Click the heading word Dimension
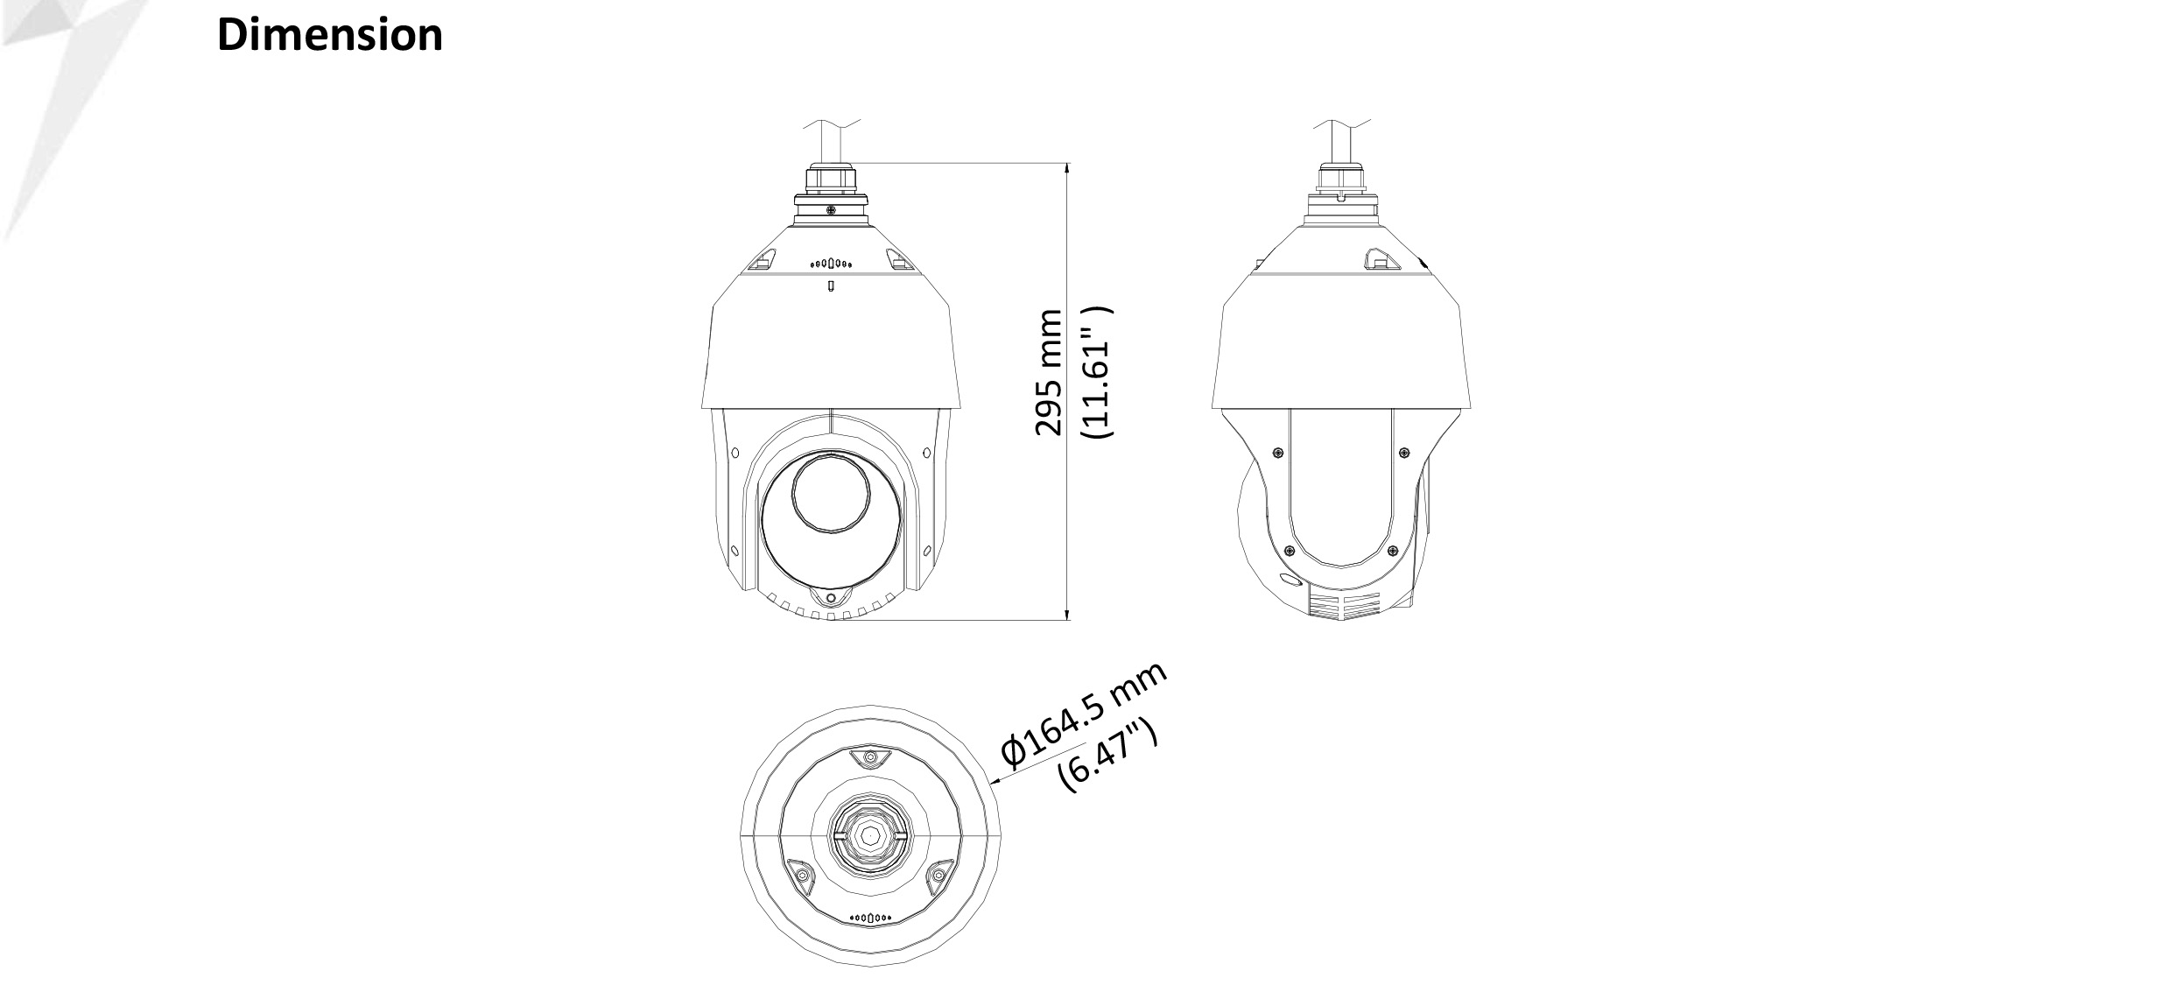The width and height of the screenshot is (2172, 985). [329, 36]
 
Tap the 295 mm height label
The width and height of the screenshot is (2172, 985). [1048, 371]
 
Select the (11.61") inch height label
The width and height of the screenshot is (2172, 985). [1097, 372]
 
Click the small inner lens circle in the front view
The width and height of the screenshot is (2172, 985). [831, 493]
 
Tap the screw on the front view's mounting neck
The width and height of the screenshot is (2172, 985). [830, 209]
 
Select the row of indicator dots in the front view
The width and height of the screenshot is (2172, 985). [831, 262]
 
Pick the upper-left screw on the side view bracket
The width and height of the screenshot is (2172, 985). [1279, 453]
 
